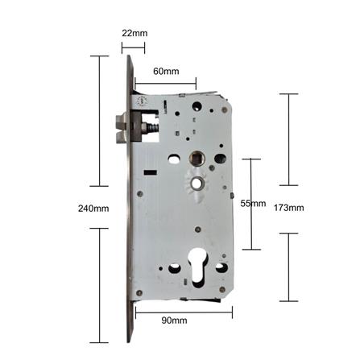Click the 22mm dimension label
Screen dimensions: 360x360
(x=134, y=33)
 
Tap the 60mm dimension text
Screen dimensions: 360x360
(x=166, y=72)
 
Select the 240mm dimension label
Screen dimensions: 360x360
(x=93, y=209)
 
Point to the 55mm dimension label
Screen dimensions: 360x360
(x=253, y=204)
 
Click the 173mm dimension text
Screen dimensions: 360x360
(x=289, y=208)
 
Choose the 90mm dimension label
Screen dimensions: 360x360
(x=174, y=321)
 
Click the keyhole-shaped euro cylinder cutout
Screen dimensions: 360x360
(x=198, y=267)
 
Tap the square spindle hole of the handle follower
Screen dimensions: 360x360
(x=197, y=158)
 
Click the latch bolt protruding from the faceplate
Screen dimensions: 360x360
(x=122, y=128)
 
